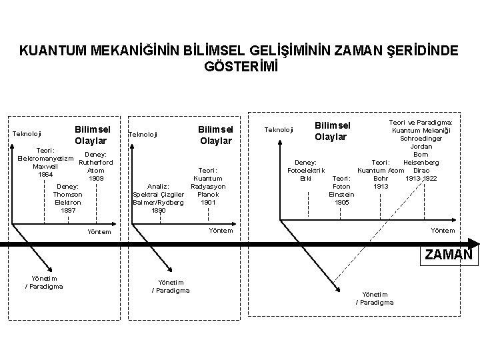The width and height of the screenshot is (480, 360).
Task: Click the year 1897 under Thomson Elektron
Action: (67, 210)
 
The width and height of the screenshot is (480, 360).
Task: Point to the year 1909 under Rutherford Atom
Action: (96, 179)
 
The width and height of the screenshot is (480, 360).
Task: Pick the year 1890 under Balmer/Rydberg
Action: (159, 210)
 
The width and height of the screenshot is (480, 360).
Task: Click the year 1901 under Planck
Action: (209, 202)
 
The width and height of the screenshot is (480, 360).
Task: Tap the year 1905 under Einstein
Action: (341, 202)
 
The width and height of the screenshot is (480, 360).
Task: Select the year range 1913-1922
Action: (421, 178)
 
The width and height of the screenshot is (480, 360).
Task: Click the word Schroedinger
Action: (421, 138)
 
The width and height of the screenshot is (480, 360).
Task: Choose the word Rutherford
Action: (96, 163)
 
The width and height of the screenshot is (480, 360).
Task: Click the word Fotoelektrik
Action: (306, 170)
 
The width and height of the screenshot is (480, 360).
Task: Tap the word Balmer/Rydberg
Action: (159, 202)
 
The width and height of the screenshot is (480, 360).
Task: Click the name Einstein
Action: (341, 194)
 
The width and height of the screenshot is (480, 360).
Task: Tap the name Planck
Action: (209, 194)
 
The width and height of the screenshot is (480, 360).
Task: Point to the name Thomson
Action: (67, 194)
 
